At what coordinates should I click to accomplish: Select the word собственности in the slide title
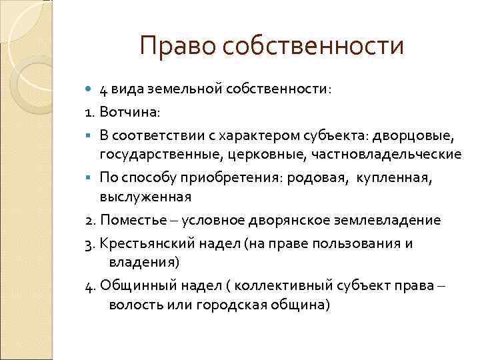[x=314, y=46]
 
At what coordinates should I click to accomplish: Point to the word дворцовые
[x=413, y=136]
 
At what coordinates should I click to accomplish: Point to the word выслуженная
[x=145, y=197]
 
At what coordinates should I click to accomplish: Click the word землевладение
[x=377, y=220]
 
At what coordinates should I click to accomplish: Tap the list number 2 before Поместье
[x=89, y=220]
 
